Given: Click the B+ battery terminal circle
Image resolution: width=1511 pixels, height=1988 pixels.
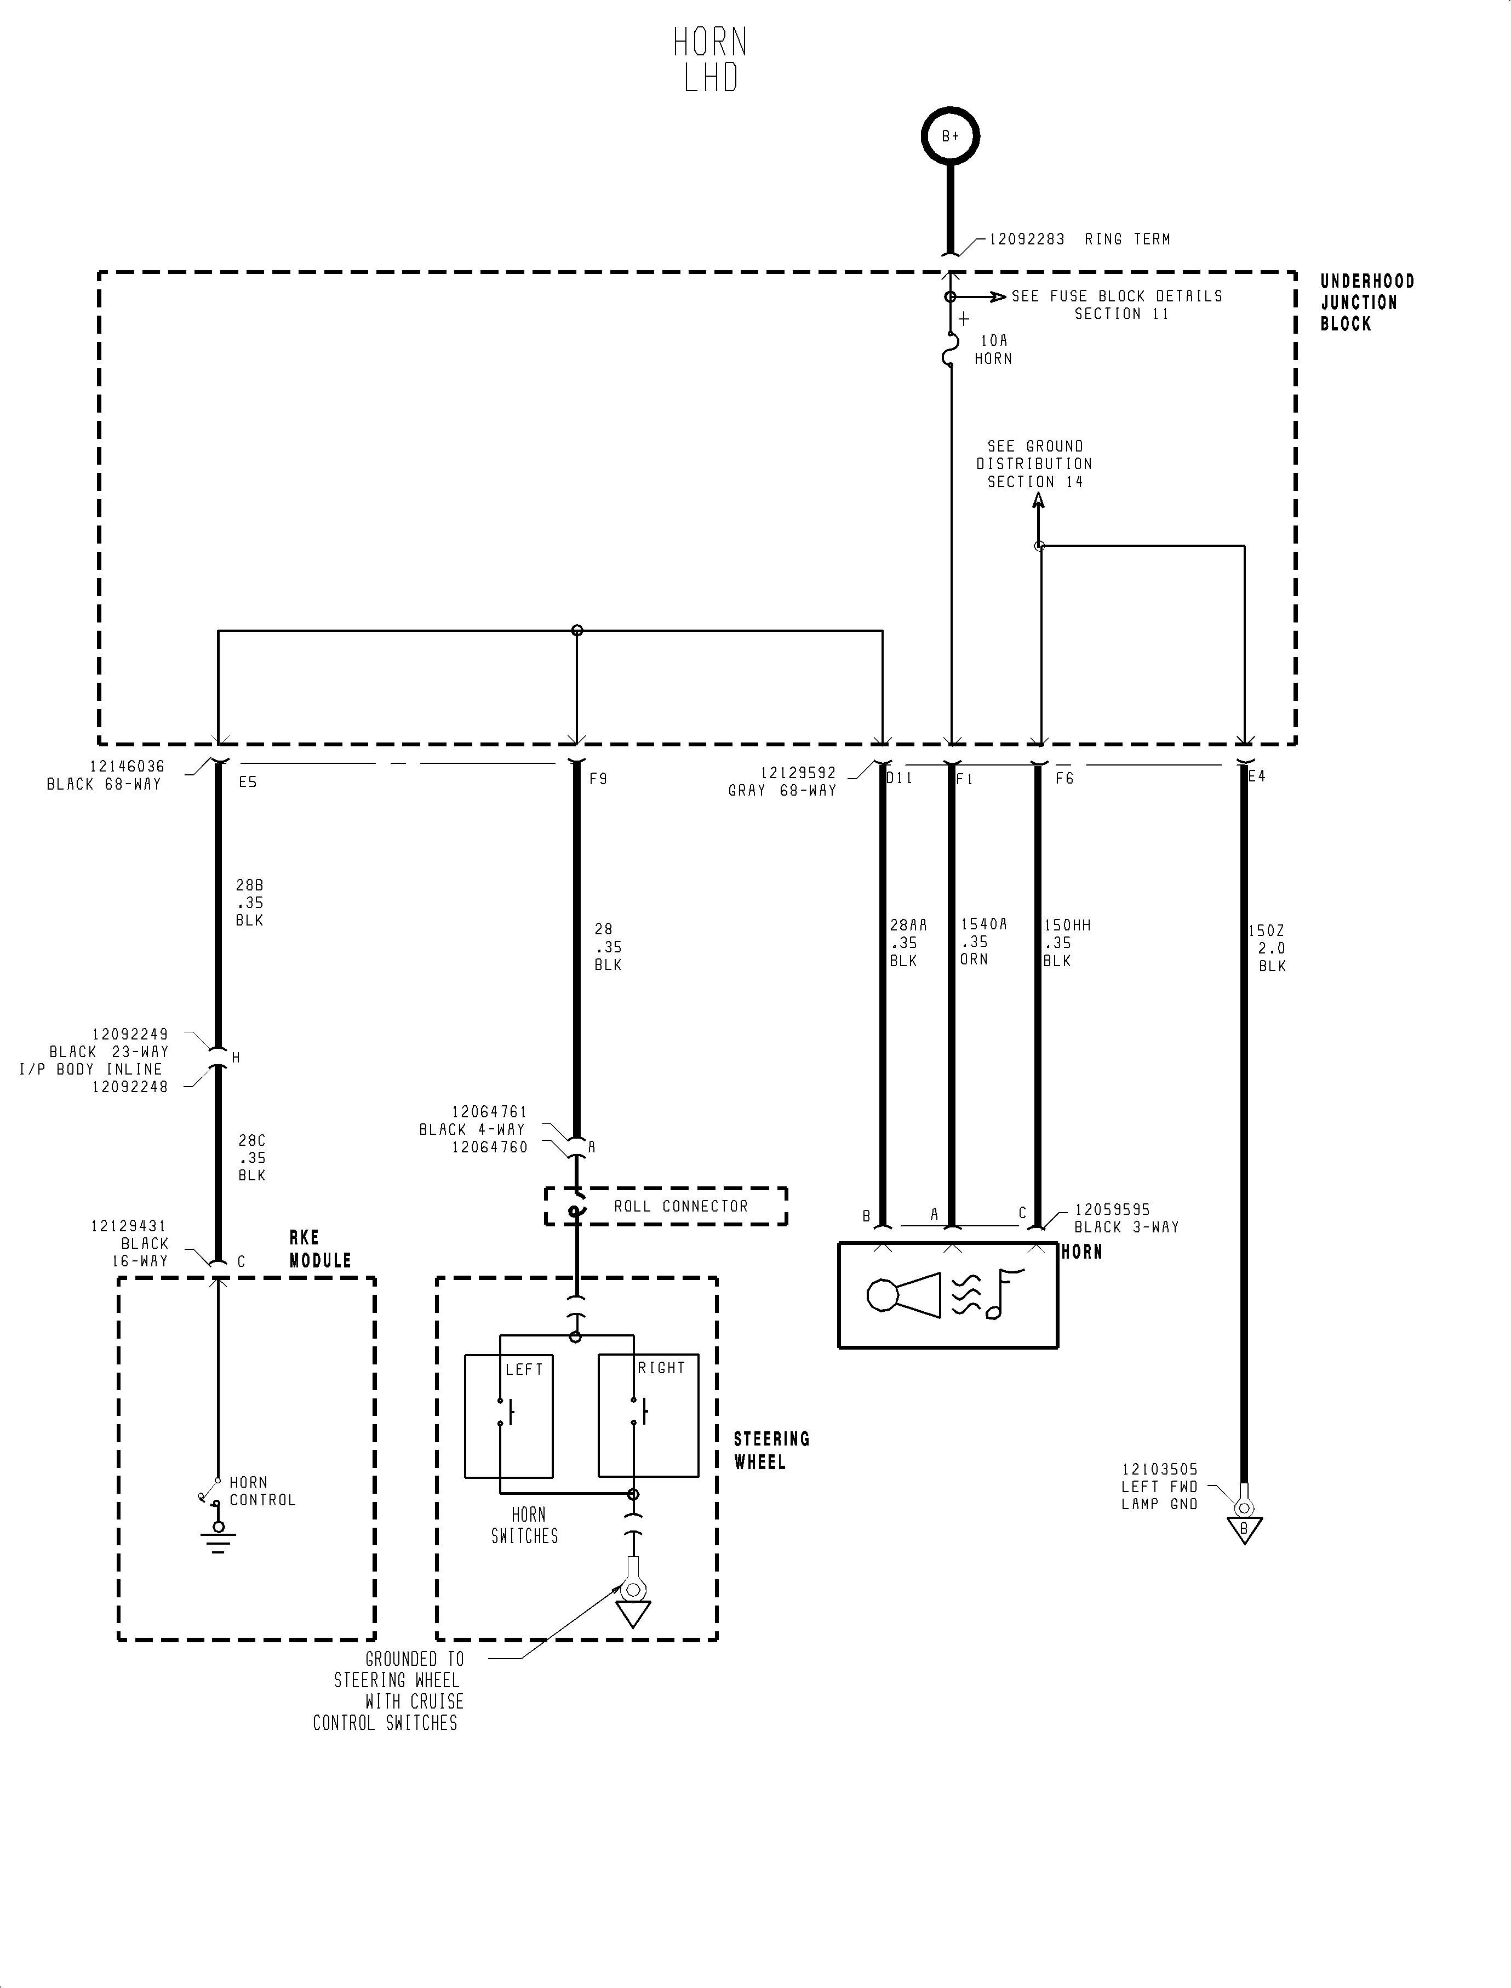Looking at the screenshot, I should click(950, 137).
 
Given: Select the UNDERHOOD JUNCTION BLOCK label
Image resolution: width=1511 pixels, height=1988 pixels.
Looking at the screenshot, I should click(1366, 302).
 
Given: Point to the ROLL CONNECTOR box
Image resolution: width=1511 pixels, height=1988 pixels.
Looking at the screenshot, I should click(666, 1206).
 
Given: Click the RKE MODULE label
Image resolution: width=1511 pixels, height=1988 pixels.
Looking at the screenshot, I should click(319, 1249).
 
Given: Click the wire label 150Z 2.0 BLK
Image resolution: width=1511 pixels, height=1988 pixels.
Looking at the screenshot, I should click(1268, 948).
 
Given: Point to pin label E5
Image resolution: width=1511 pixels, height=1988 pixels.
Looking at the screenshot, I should click(247, 782).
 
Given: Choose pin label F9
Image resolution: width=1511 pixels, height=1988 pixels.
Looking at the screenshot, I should click(598, 779).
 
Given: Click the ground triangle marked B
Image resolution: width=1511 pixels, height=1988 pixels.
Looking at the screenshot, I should click(1244, 1530).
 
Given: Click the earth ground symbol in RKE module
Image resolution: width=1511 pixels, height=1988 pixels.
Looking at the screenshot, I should click(218, 1538).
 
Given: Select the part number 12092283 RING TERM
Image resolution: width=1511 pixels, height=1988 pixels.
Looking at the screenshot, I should click(1079, 239).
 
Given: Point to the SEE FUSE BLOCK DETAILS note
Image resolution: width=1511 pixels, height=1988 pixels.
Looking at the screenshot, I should click(1116, 304).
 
